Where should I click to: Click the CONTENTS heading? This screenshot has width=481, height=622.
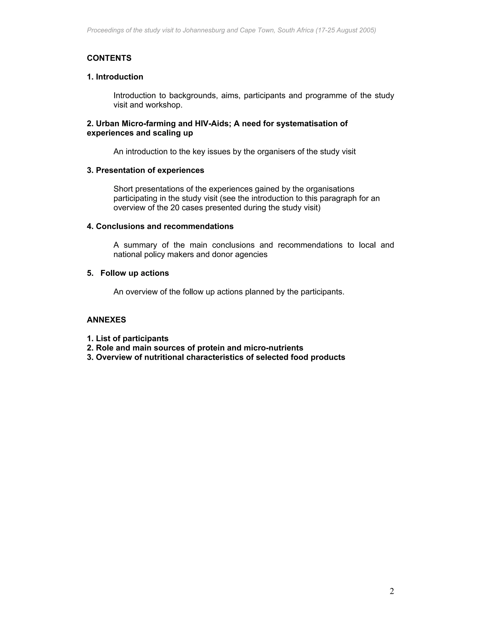tap(109, 58)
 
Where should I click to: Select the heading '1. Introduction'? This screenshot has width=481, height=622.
tap(115, 77)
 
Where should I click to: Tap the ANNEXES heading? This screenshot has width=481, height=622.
tap(106, 320)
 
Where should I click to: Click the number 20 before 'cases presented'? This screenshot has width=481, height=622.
tap(175, 208)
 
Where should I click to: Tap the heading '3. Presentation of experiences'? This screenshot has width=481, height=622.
tap(145, 170)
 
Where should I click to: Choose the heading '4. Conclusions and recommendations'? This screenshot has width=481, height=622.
tap(160, 227)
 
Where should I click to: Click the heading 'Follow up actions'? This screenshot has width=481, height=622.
tap(135, 273)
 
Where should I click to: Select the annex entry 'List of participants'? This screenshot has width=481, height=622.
tap(132, 339)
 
